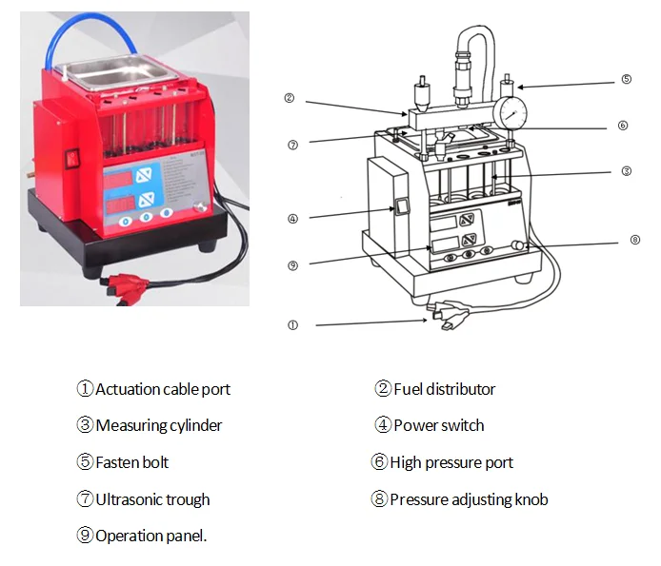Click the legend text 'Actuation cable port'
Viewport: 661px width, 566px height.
point(163,389)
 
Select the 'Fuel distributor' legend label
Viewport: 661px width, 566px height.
point(444,389)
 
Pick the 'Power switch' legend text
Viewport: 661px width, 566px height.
point(438,425)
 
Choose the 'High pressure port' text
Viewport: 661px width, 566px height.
point(452,462)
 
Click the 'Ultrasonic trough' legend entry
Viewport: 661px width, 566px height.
point(152,499)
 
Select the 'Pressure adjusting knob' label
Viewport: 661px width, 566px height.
point(469,499)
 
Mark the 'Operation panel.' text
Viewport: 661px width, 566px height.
point(150,536)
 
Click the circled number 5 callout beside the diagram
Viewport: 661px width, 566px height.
point(626,80)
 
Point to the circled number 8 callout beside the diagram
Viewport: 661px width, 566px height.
point(635,240)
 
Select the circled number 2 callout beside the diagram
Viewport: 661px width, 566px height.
point(289,97)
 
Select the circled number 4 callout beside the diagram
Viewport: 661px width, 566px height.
point(292,218)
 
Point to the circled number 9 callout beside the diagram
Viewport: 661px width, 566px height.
point(292,263)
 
